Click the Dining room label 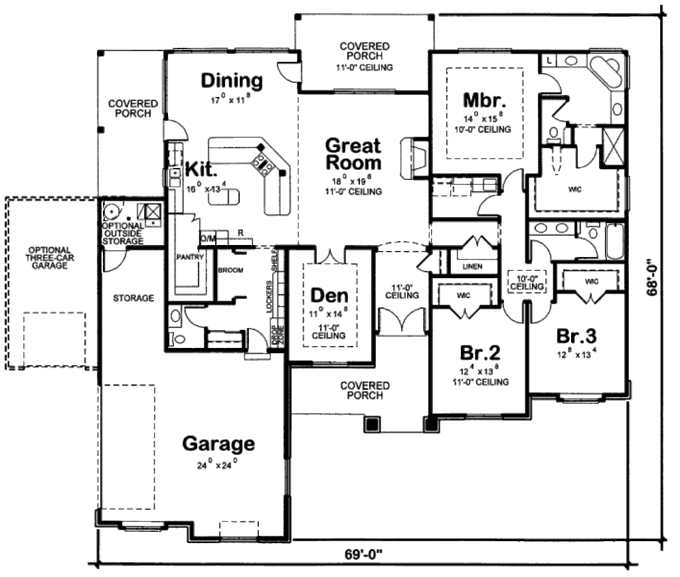click(232, 81)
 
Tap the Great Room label click(353, 154)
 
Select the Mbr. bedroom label click(485, 101)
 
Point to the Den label click(329, 294)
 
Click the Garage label click(218, 443)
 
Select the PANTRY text click(189, 256)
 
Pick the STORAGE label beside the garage click(133, 298)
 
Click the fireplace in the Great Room click(412, 158)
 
